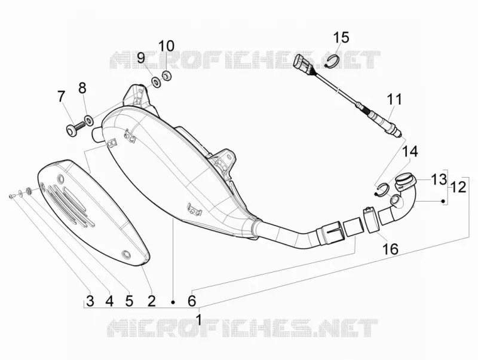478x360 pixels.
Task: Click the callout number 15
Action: [x=341, y=37]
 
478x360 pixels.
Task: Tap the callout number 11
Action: [x=394, y=99]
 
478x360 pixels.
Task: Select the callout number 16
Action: [x=391, y=249]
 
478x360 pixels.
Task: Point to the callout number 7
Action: [x=62, y=97]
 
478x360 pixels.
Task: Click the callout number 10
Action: [x=167, y=46]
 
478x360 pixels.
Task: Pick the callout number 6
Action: [x=191, y=301]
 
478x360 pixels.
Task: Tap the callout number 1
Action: [x=199, y=319]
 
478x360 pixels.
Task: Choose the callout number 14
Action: [x=410, y=152]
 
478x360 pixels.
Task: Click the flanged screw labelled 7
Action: [x=75, y=129]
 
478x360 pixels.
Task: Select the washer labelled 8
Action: [x=88, y=120]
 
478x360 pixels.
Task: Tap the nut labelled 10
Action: [x=167, y=75]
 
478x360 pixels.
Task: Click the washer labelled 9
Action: [x=157, y=83]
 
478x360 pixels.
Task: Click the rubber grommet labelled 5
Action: [x=29, y=191]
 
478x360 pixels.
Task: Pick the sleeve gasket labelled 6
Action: [x=354, y=227]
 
